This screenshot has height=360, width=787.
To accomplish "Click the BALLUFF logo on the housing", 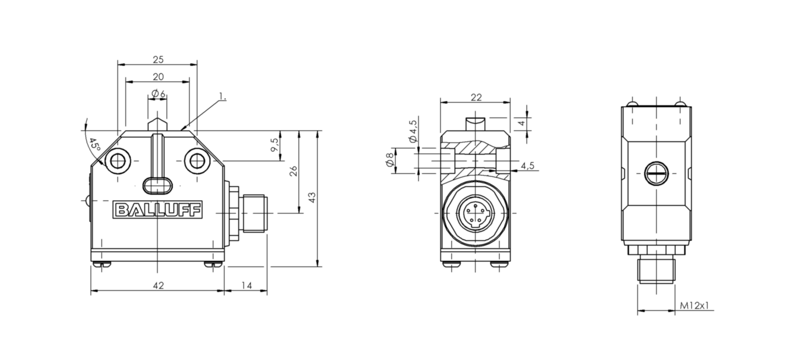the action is point(157,209).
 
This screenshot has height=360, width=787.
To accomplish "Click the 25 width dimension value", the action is point(158,59).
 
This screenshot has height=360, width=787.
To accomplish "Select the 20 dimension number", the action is point(158,76).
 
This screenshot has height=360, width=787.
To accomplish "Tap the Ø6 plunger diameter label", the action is point(158,94).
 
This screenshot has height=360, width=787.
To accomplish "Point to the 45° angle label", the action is point(94,144).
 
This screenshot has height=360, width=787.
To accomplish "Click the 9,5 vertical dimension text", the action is point(274,144).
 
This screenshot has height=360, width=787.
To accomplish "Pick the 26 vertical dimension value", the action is point(293,171).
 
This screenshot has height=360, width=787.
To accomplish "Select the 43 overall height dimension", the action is point(311,197).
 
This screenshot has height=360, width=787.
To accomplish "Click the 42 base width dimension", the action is point(158,285).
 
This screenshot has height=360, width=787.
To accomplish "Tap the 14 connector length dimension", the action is point(246,285).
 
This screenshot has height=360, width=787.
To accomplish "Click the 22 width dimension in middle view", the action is point(476,97).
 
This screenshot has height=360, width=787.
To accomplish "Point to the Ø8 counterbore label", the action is point(390,160).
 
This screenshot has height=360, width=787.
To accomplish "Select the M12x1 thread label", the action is point(695,305).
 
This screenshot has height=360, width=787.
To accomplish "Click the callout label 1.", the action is point(222,96).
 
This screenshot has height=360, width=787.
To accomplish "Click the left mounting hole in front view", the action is point(117,161).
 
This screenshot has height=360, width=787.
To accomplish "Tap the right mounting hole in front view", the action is point(197,161).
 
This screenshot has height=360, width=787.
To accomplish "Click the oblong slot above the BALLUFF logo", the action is point(157,185).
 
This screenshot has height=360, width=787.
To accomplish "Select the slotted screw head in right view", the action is point(656,173).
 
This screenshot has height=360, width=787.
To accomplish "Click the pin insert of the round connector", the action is point(475,213).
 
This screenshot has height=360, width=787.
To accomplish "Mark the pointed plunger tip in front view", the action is point(157,124).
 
